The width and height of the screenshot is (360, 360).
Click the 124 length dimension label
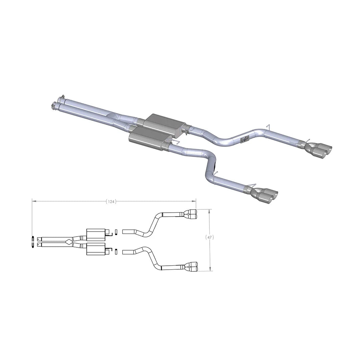(x=111, y=202)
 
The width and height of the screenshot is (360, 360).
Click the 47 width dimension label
(x=209, y=238)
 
